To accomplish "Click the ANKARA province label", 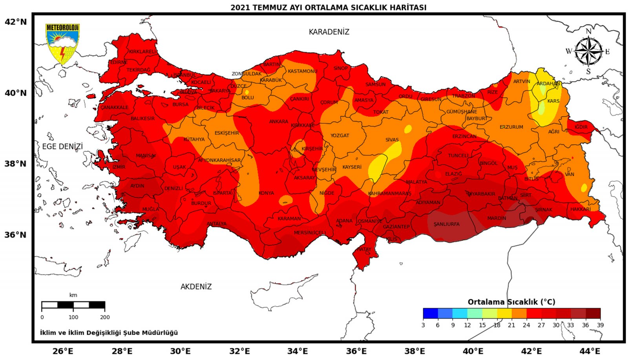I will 278,122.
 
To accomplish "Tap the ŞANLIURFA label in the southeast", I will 446,224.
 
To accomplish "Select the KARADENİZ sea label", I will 329,32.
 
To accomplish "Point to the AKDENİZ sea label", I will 196,287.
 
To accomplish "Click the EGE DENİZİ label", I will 62,146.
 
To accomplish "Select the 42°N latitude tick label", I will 16,22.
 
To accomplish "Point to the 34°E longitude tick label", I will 298,351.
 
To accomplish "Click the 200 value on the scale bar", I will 105,317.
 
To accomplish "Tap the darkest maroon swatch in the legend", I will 593,313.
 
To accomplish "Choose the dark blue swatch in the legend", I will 430,313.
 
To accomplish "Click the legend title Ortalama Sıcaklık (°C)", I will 511,302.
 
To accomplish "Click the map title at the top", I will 328,7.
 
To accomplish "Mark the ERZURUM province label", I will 511,127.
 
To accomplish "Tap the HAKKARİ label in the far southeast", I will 580,209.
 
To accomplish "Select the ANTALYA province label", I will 216,224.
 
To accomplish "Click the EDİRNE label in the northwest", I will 119,62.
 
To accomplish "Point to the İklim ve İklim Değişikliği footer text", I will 109,333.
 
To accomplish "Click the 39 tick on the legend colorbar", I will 600,325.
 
